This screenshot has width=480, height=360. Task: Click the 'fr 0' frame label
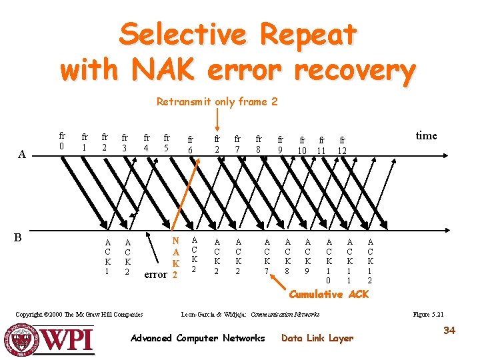(62, 140)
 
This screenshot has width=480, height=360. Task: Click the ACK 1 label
(107, 257)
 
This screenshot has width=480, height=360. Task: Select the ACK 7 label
(267, 257)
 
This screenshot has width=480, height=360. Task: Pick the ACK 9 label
(307, 257)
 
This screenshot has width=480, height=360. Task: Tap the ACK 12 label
(370, 261)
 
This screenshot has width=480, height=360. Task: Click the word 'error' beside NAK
(155, 274)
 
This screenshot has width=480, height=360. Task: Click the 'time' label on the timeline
(426, 136)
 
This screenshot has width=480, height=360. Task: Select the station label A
(22, 155)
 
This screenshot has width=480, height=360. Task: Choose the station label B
(19, 237)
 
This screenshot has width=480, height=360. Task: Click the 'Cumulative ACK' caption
(328, 294)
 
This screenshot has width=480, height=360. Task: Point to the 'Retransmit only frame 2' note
(217, 102)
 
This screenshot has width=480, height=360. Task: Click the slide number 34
(449, 330)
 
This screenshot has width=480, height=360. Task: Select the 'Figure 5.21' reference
(429, 314)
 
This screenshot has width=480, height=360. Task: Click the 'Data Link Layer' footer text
(317, 338)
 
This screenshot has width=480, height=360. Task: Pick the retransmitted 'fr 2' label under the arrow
(217, 145)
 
